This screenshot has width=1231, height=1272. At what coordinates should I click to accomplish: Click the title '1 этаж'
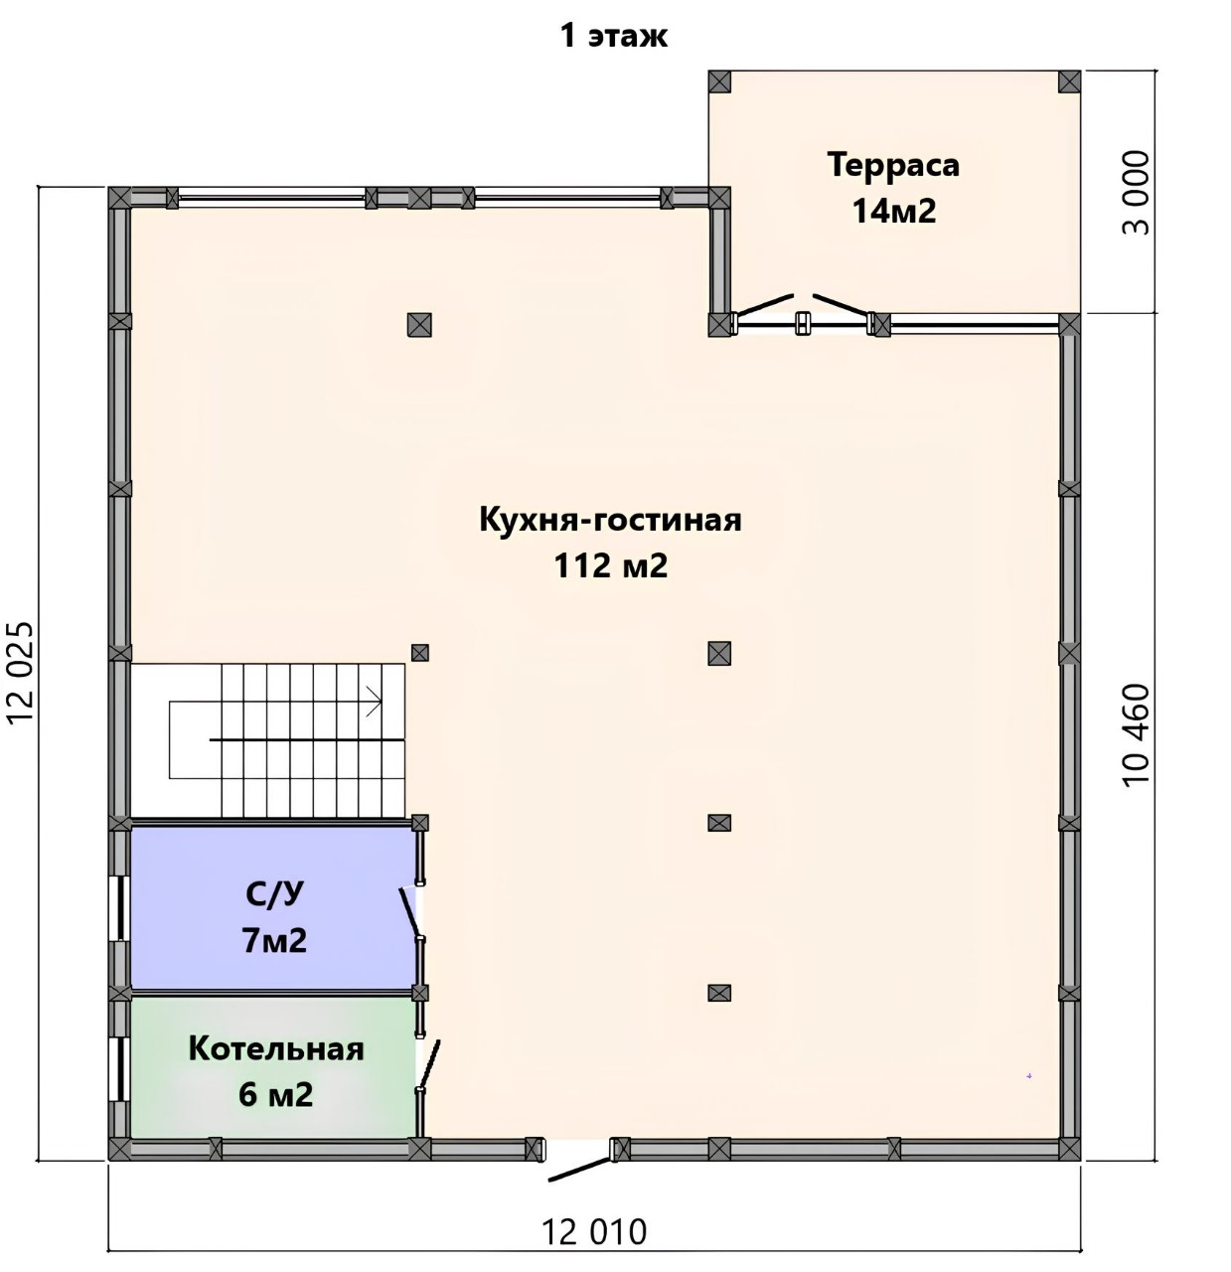(x=614, y=37)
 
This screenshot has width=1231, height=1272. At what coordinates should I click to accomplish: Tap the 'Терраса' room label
(x=894, y=164)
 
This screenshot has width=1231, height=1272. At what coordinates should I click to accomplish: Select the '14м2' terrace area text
(x=894, y=211)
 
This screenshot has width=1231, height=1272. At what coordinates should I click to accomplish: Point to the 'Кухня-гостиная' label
(x=610, y=521)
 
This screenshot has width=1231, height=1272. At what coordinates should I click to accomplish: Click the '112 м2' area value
(x=611, y=565)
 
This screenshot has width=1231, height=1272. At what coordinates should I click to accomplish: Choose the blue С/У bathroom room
(x=274, y=908)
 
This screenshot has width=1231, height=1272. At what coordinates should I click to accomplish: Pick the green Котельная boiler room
(x=274, y=1067)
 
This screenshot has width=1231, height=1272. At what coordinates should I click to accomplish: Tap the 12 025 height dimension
(x=21, y=673)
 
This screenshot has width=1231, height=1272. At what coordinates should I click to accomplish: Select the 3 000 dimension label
(x=1136, y=193)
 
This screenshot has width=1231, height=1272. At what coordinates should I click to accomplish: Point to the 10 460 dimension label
(x=1136, y=734)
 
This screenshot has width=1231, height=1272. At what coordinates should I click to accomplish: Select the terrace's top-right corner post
(x=1070, y=82)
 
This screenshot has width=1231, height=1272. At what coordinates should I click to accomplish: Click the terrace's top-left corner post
(x=719, y=82)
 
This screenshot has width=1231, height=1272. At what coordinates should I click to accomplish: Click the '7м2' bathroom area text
(x=274, y=941)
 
